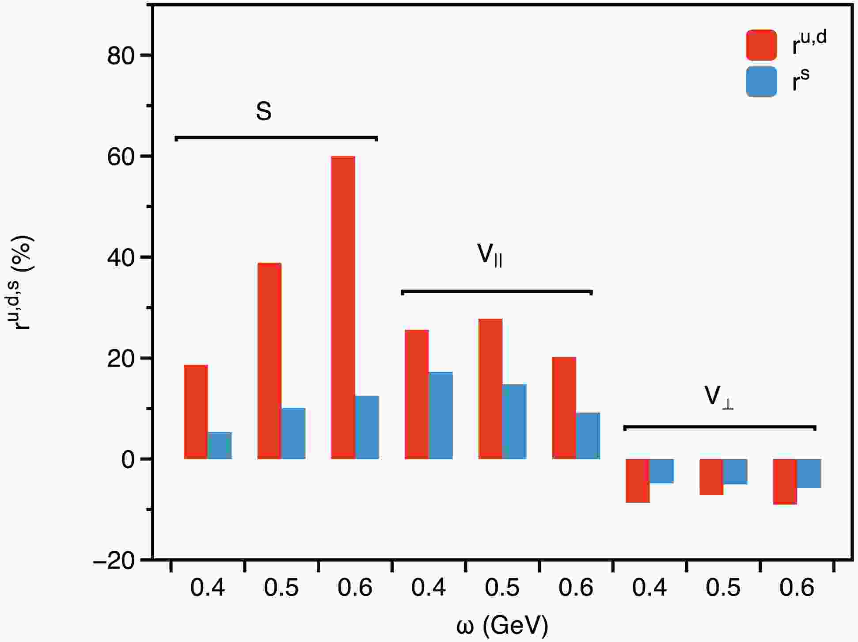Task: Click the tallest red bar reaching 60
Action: click(x=343, y=307)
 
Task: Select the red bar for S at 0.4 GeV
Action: click(x=196, y=412)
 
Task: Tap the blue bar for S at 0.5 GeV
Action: click(x=293, y=433)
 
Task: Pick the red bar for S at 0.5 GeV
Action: click(x=269, y=361)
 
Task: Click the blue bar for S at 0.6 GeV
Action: click(x=367, y=427)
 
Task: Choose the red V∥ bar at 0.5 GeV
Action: click(x=490, y=389)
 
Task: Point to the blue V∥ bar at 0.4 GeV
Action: click(x=440, y=415)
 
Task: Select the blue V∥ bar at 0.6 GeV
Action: click(x=588, y=436)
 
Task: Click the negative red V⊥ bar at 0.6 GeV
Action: click(x=785, y=482)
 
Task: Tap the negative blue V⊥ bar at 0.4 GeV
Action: click(x=661, y=471)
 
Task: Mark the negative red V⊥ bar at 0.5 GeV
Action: click(x=711, y=477)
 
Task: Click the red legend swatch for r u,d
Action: click(x=761, y=45)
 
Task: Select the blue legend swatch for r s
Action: click(x=761, y=82)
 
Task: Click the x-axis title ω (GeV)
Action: click(x=502, y=625)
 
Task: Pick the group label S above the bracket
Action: click(x=264, y=111)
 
